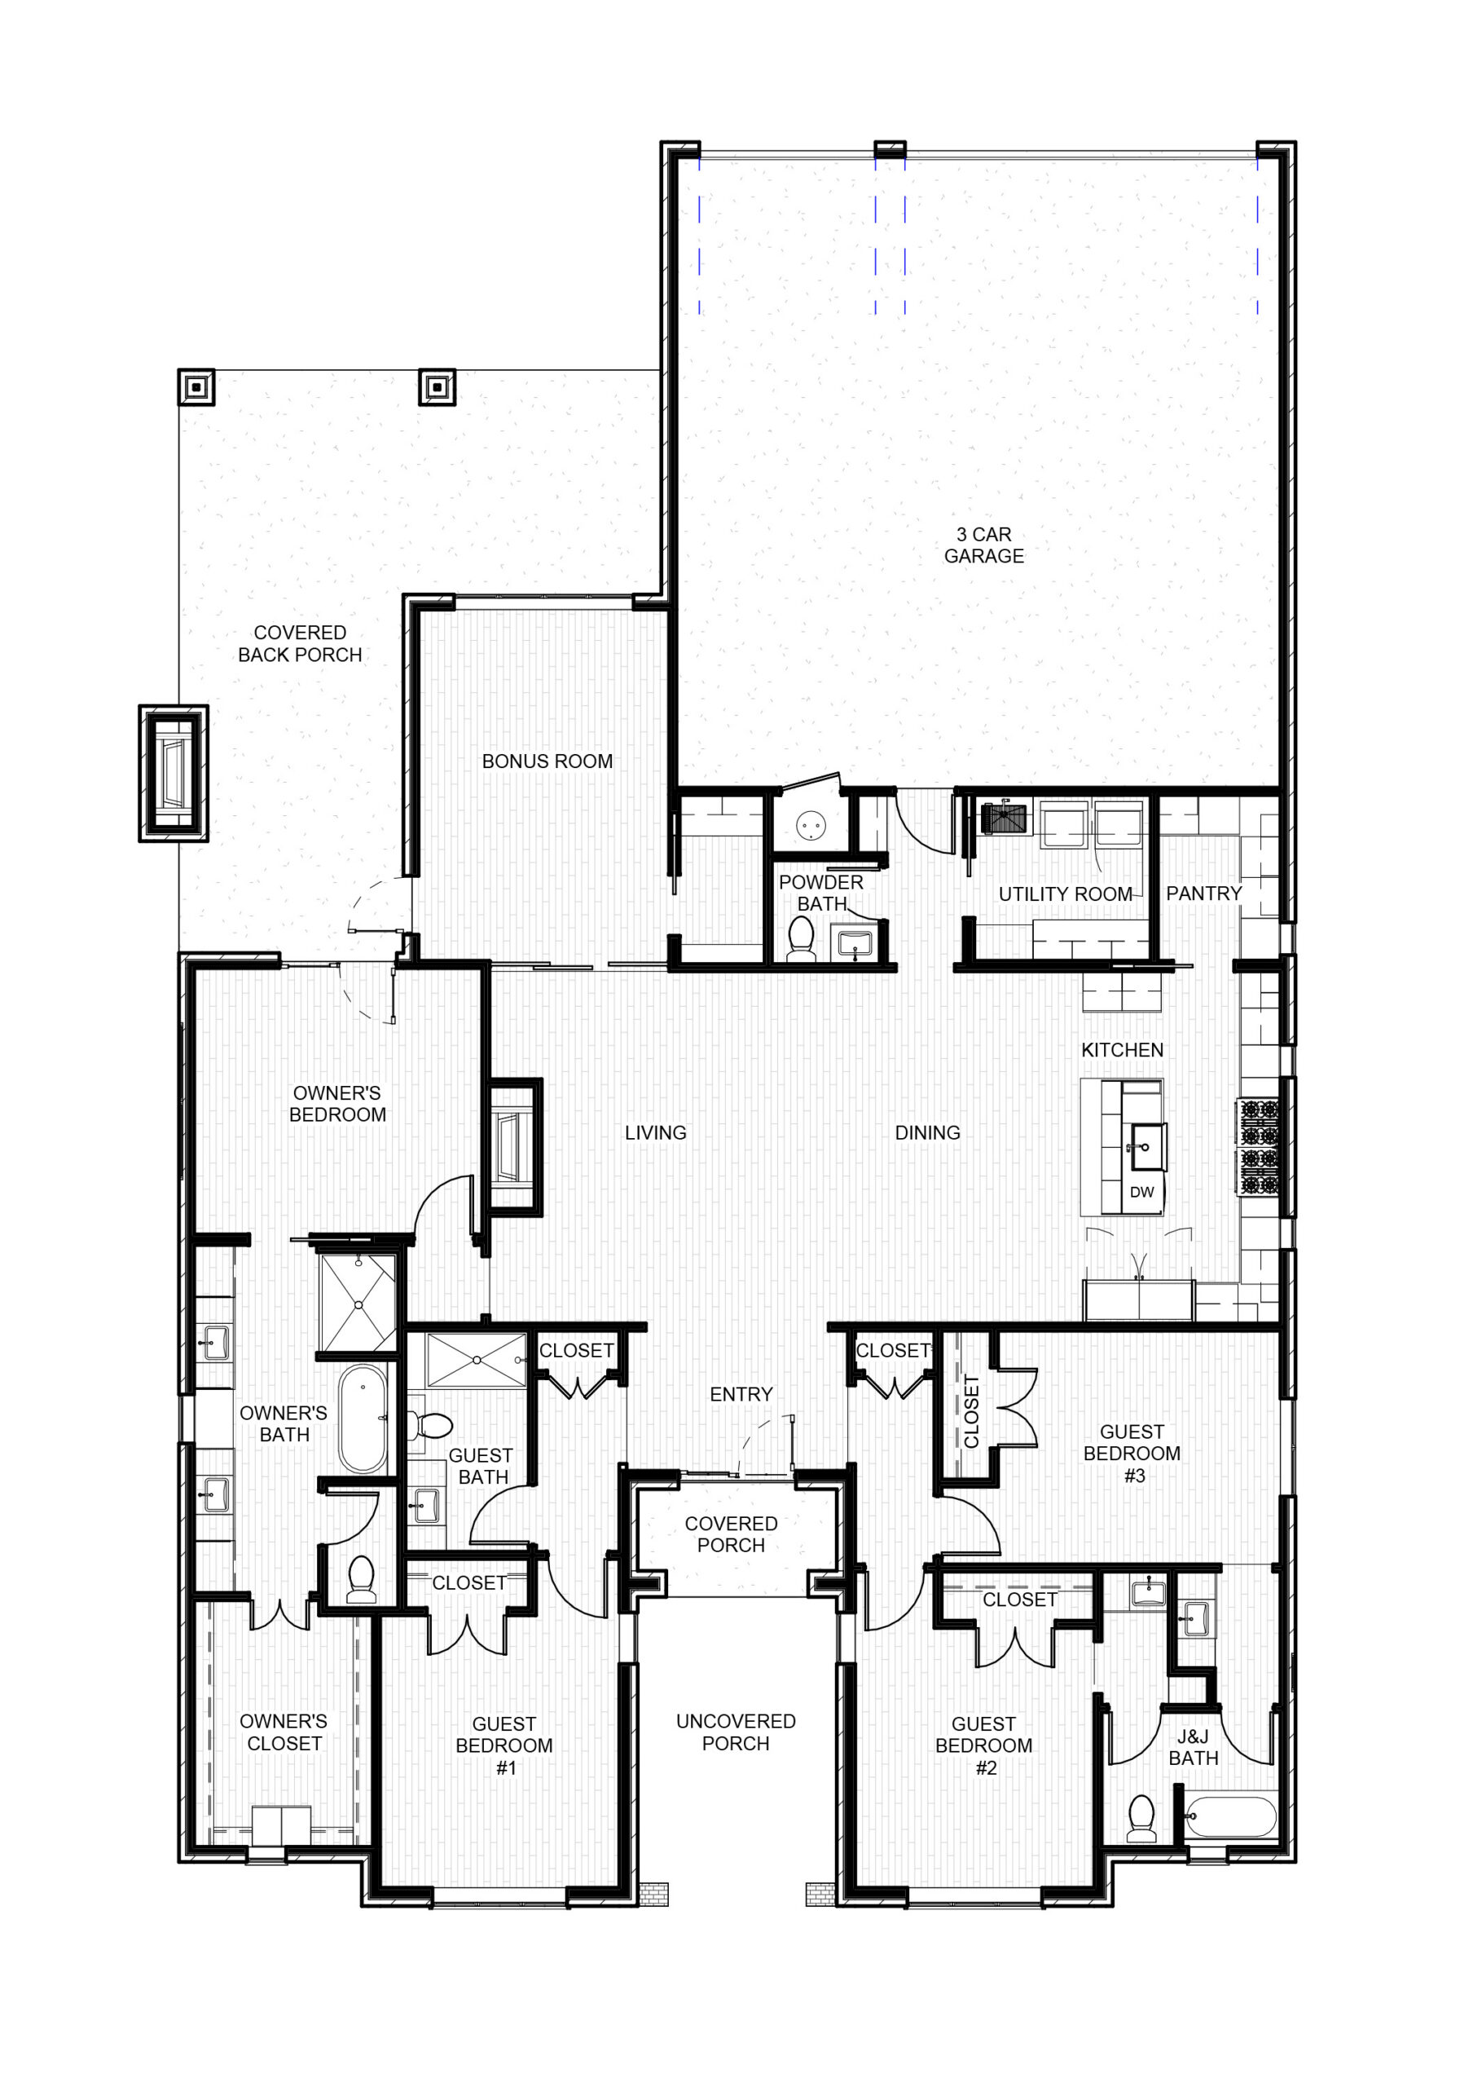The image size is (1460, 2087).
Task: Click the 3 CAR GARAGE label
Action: coord(983,545)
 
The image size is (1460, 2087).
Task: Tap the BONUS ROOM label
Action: coord(547,761)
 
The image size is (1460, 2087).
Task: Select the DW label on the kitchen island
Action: coord(1141,1192)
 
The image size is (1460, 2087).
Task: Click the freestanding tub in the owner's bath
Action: coord(363,1418)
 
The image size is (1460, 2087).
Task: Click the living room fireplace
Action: coord(515,1146)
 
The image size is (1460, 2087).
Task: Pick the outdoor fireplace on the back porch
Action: coord(174,774)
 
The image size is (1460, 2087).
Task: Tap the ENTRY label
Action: coord(741,1394)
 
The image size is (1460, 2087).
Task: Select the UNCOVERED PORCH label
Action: coord(735,1732)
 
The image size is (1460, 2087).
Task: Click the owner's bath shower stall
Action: coord(358,1303)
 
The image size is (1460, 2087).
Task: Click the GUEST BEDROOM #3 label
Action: coord(1132,1454)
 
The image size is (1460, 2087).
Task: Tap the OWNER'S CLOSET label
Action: coord(284,1732)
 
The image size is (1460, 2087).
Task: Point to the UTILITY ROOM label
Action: coord(1065,894)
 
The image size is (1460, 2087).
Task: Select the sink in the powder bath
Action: coord(854,944)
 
